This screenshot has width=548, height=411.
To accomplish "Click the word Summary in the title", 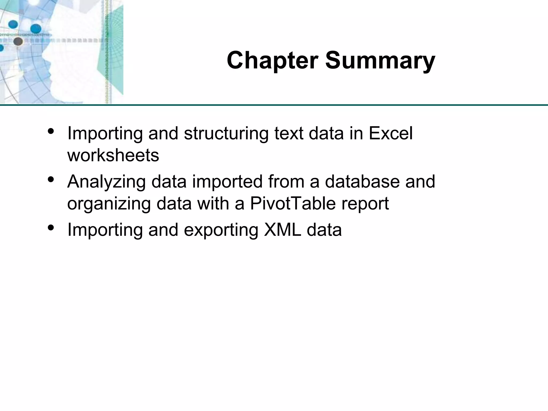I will point(380,60).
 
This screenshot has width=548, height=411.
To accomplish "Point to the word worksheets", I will point(113,155).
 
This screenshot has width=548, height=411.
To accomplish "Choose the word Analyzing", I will point(106,182).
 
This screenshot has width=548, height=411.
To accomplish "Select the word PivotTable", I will point(293,203).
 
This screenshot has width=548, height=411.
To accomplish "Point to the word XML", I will point(282,230).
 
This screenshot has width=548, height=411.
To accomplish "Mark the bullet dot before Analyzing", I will point(51,179).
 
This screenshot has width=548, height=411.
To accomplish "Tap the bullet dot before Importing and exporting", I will point(51,227).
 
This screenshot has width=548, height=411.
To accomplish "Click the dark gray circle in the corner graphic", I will point(18,41).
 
